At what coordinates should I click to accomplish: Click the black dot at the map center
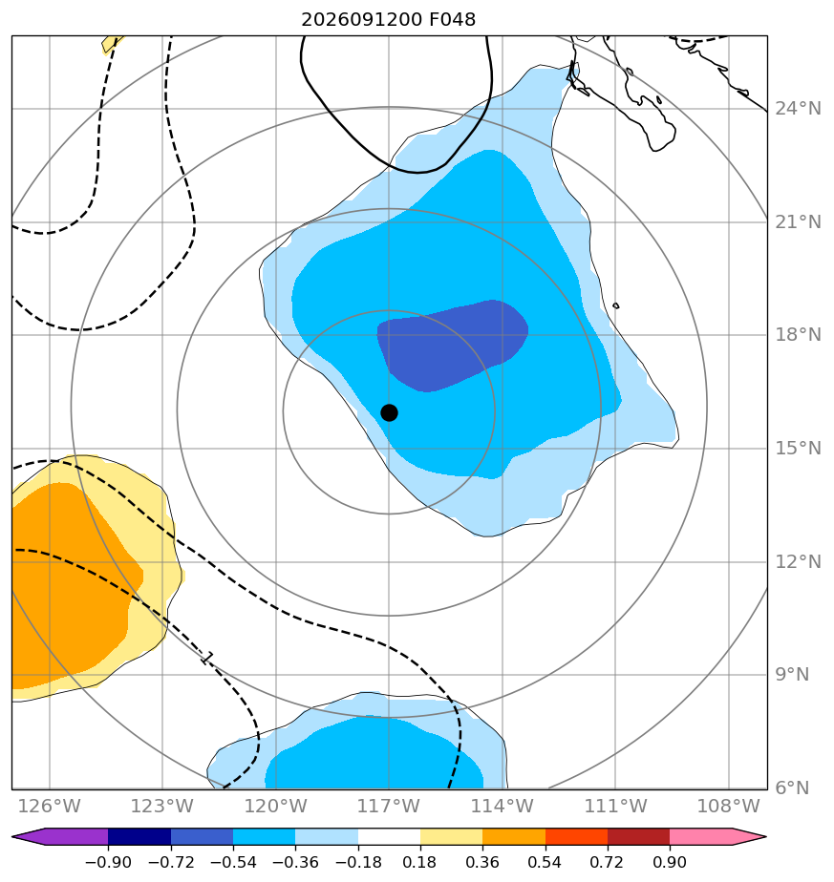click(389, 413)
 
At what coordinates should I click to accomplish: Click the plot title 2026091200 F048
click(389, 20)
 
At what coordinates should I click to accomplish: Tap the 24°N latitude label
click(799, 109)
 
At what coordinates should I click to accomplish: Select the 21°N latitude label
click(799, 222)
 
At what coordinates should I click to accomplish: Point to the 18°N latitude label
click(799, 335)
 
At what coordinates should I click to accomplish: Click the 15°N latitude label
click(799, 449)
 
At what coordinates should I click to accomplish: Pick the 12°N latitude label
click(799, 562)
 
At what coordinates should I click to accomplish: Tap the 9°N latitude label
click(792, 675)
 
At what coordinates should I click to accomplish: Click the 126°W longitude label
click(50, 807)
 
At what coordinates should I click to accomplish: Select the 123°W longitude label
click(162, 807)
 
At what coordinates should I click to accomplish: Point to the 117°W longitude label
click(389, 807)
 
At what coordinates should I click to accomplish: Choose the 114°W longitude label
click(502, 807)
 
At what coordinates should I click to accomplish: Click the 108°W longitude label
click(729, 807)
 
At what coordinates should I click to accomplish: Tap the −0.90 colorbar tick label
click(108, 862)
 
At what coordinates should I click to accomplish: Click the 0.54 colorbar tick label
click(545, 862)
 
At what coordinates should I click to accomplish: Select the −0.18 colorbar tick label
click(358, 862)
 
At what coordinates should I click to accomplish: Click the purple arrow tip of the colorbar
click(13, 836)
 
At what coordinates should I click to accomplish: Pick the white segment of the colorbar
click(389, 836)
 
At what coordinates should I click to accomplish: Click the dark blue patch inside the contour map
click(452, 345)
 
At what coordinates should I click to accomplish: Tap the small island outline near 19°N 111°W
click(616, 306)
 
